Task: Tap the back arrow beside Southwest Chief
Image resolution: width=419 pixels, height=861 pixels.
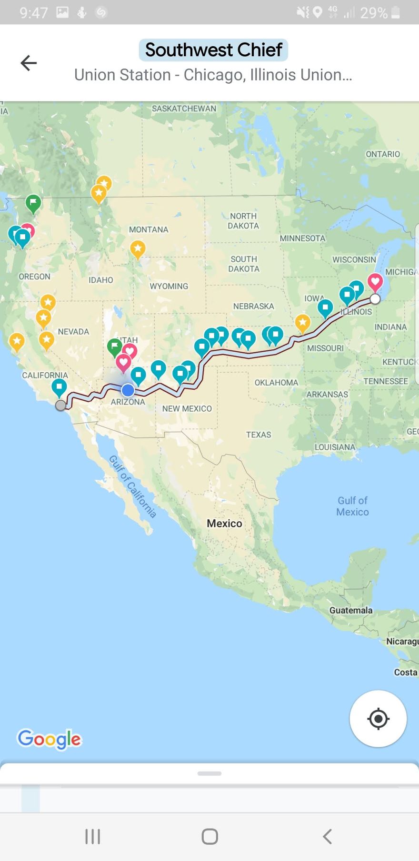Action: click(29, 63)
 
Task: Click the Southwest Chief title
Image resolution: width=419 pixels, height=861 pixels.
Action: click(213, 50)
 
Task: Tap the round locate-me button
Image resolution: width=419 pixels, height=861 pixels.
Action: click(378, 718)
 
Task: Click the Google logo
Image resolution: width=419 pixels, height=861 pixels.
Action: click(49, 739)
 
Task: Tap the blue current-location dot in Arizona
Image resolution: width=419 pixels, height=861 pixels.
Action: click(128, 390)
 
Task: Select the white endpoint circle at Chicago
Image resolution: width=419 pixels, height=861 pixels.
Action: click(375, 299)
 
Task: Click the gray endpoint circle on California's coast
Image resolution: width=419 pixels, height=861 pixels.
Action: click(60, 406)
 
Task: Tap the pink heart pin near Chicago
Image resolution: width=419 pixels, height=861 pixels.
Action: click(375, 282)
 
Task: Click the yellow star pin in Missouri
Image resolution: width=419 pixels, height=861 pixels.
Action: click(303, 322)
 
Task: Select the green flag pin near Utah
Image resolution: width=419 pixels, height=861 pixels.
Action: click(114, 346)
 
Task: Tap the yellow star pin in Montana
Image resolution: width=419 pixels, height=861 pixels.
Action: click(138, 248)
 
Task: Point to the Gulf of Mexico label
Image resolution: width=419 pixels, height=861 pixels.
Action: click(352, 506)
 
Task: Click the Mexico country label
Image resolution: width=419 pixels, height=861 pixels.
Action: click(224, 523)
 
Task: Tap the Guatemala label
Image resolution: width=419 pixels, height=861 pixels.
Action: click(351, 610)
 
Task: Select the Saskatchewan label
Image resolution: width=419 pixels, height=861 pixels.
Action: click(184, 109)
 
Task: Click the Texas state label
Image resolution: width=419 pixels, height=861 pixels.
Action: click(259, 435)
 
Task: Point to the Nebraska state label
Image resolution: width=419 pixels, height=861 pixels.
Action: click(253, 306)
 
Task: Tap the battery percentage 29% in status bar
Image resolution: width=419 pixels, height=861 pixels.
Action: click(374, 13)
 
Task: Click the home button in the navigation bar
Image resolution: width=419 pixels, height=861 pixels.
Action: click(209, 836)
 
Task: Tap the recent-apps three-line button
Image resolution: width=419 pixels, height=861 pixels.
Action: click(92, 836)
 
